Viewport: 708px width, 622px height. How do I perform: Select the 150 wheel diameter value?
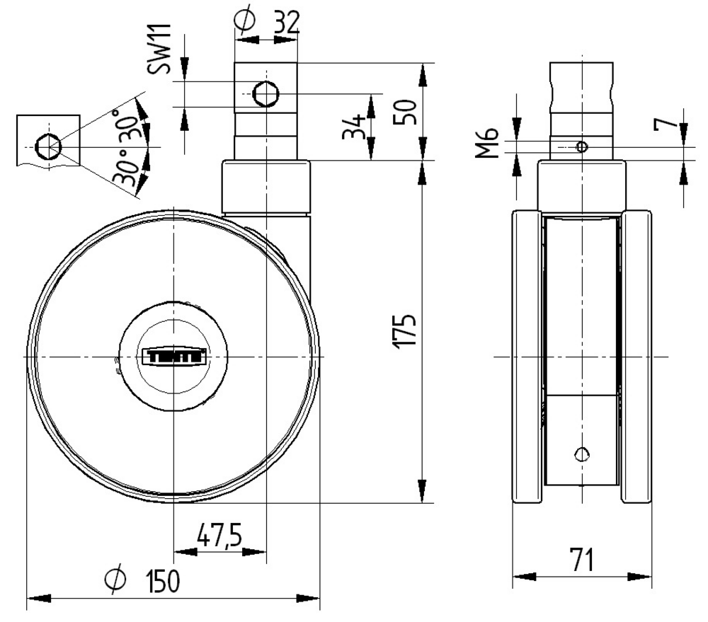(x=163, y=582)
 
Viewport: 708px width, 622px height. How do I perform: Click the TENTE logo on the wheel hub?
(x=175, y=356)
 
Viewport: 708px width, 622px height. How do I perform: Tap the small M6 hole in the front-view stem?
(x=581, y=146)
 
